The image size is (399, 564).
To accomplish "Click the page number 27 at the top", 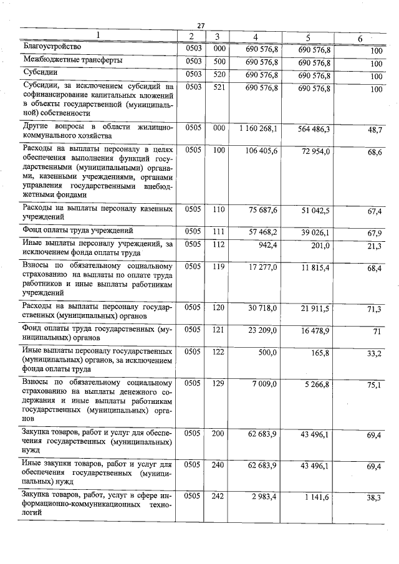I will coord(201,26).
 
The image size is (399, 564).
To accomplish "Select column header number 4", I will coord(256,37).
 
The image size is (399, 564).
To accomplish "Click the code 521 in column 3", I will coord(218,89).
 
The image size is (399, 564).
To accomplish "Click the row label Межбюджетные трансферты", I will coord(72,60).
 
